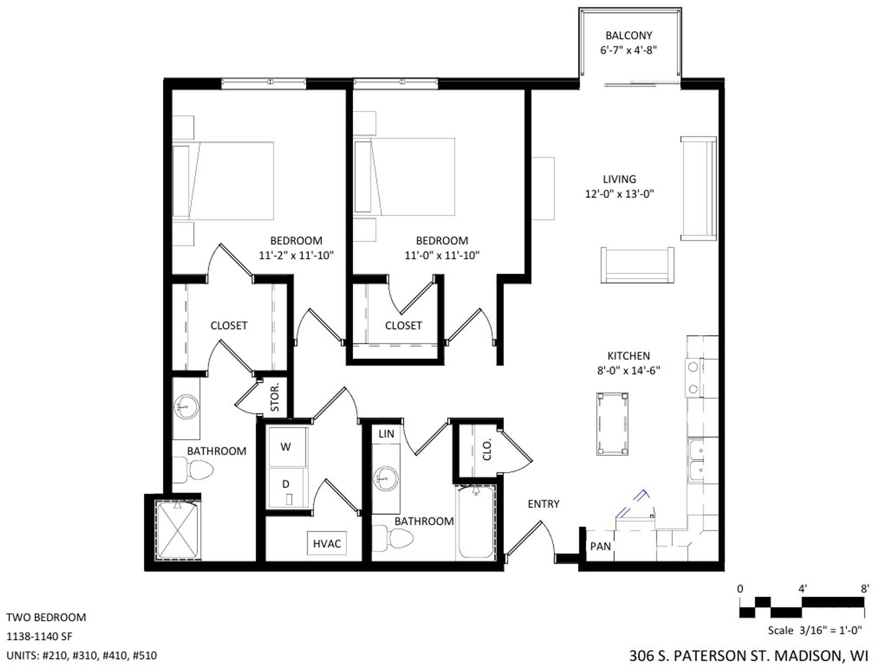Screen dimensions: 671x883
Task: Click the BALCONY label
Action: click(x=629, y=35)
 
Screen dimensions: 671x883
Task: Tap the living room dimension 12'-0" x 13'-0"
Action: click(x=619, y=194)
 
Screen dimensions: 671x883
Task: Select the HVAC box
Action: click(x=327, y=544)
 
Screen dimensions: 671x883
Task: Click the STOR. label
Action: click(x=275, y=398)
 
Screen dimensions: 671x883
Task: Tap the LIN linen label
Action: click(x=386, y=434)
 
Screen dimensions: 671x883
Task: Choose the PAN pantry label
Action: click(x=600, y=546)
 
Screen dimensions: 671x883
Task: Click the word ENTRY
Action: click(x=544, y=504)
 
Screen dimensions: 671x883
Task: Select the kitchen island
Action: click(x=613, y=424)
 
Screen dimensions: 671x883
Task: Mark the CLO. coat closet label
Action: click(x=487, y=449)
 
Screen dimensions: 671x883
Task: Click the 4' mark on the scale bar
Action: click(x=803, y=589)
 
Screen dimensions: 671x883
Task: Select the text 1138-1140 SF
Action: click(x=39, y=637)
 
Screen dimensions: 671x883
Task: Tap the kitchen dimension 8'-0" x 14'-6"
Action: click(x=629, y=370)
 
